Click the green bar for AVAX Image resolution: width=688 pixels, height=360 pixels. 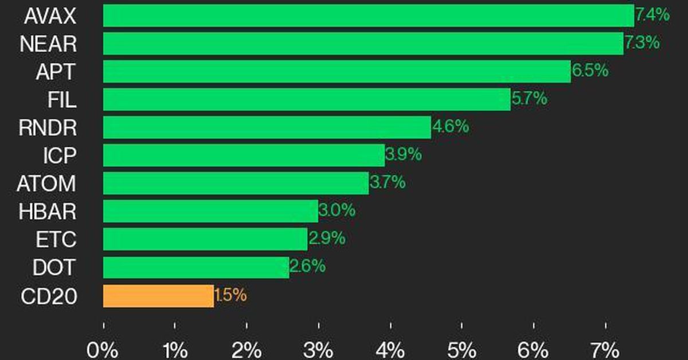click(x=368, y=15)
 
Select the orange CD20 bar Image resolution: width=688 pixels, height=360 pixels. click(x=158, y=296)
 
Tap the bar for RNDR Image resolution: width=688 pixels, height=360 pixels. click(x=267, y=127)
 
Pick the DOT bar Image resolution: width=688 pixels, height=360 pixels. click(x=196, y=268)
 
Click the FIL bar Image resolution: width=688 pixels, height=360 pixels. click(x=307, y=99)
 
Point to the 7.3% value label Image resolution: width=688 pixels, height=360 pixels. click(x=642, y=43)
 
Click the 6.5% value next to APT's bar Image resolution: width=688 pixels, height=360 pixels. click(x=589, y=71)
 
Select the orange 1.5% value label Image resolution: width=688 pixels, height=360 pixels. click(x=230, y=296)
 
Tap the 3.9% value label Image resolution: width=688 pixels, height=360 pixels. click(x=403, y=155)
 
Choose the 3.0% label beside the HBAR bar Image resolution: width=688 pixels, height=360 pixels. click(x=337, y=211)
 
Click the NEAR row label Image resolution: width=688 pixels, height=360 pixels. click(x=48, y=44)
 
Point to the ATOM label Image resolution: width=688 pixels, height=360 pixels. click(x=46, y=184)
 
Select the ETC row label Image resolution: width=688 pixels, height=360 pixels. click(x=55, y=240)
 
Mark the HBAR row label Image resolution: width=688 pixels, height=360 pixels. click(x=47, y=212)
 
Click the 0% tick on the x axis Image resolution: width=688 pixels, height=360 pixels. click(x=103, y=349)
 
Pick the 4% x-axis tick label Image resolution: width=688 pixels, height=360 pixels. click(x=390, y=349)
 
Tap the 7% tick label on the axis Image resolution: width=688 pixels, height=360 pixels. click(x=605, y=349)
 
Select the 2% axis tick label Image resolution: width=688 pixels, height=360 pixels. click(x=247, y=349)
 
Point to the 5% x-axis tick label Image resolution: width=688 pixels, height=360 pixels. click(x=462, y=349)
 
